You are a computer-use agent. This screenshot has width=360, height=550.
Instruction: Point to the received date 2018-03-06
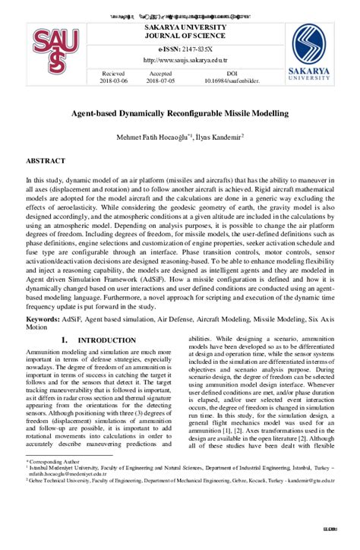click(x=115, y=80)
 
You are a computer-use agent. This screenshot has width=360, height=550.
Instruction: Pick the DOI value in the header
click(x=232, y=80)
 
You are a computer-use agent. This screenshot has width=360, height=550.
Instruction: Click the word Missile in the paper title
click(x=227, y=113)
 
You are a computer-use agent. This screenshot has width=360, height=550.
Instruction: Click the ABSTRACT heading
click(x=46, y=161)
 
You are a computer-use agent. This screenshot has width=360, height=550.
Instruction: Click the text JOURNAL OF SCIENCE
click(x=180, y=35)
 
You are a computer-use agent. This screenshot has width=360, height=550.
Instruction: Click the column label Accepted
click(x=160, y=73)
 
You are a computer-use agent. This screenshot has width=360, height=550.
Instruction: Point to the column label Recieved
click(x=115, y=73)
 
